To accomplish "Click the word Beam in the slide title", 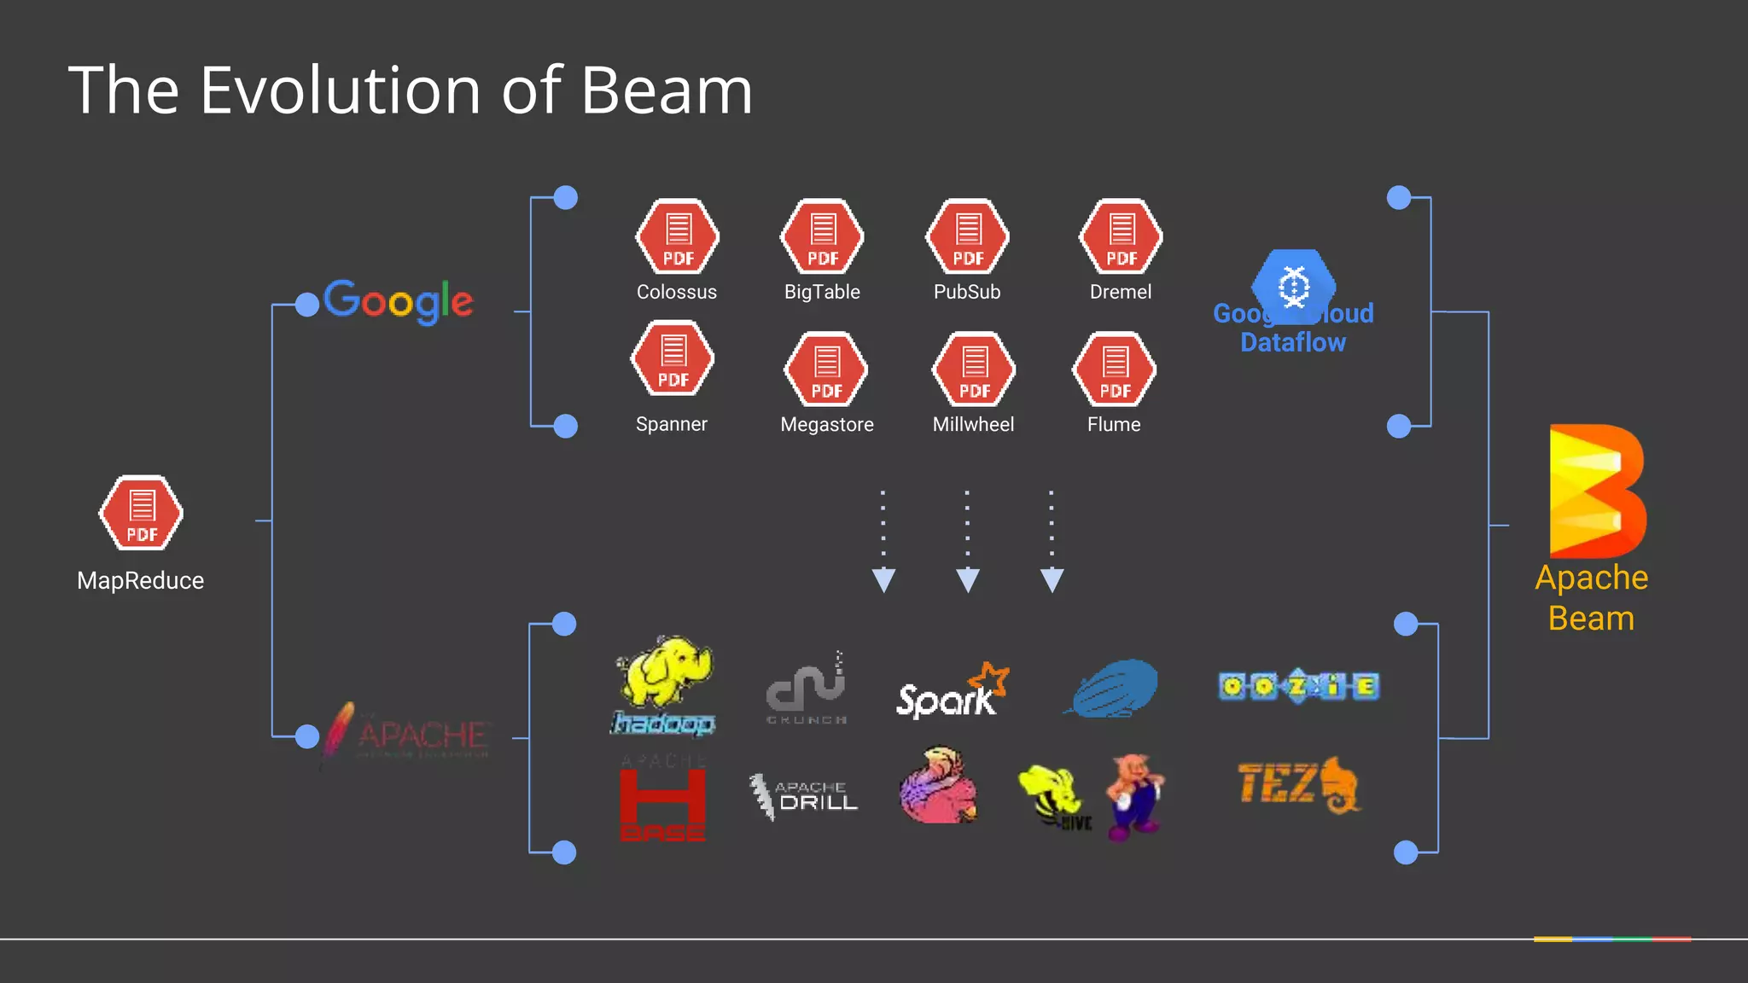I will pyautogui.click(x=667, y=90).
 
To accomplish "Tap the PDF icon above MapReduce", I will pyautogui.click(x=141, y=513).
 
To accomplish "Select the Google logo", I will pyautogui.click(x=398, y=300).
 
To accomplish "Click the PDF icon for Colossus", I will pyautogui.click(x=678, y=236).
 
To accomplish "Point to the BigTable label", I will pyautogui.click(x=822, y=292).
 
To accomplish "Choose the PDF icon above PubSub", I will pyautogui.click(x=967, y=236).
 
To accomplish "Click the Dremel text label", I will pyautogui.click(x=1120, y=292).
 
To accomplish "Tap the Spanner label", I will pyautogui.click(x=672, y=424).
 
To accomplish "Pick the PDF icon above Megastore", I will pyautogui.click(x=826, y=369).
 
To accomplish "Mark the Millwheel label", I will pyautogui.click(x=973, y=424).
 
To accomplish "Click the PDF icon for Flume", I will pyautogui.click(x=1114, y=369).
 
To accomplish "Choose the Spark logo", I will pyautogui.click(x=952, y=691).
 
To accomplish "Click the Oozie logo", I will pyautogui.click(x=1298, y=686).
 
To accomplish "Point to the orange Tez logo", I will pyautogui.click(x=1298, y=784).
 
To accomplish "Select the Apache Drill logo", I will pyautogui.click(x=804, y=795).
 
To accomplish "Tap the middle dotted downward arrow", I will pyautogui.click(x=967, y=542).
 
